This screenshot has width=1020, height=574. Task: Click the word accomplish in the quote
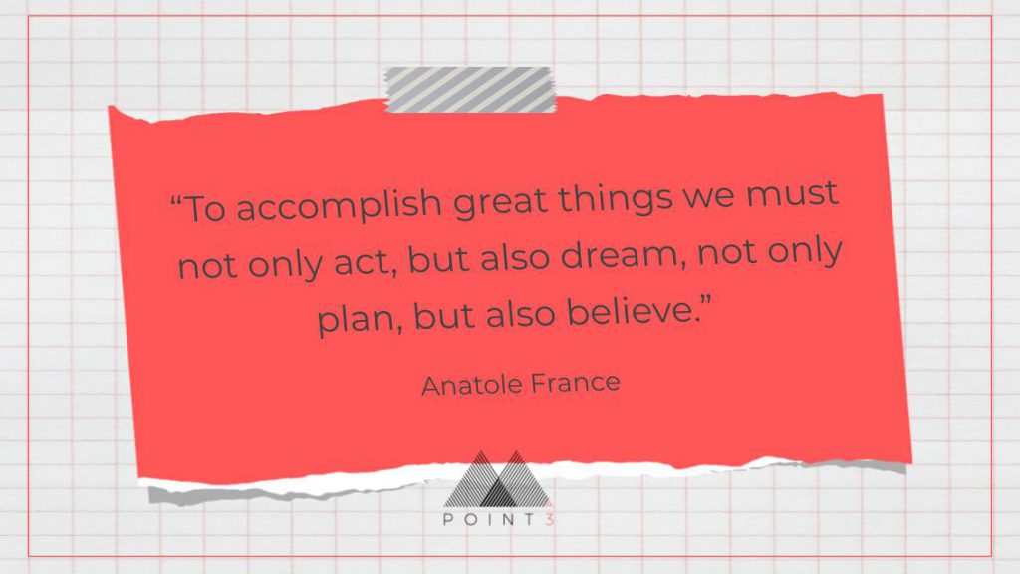(339, 205)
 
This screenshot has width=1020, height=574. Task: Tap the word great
(500, 201)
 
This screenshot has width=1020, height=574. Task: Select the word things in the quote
(615, 198)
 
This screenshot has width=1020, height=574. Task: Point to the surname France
(575, 383)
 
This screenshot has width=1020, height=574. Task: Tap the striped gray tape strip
(470, 89)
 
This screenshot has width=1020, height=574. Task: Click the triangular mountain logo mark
(498, 479)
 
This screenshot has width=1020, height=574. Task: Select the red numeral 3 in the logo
(550, 519)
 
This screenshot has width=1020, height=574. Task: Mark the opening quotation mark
(175, 200)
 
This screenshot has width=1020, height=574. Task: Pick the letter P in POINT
(448, 519)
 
